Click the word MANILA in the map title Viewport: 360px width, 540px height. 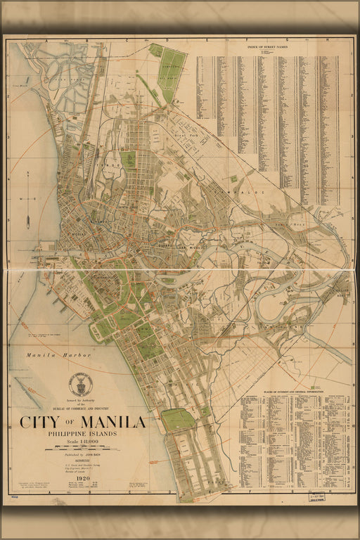tap(113, 423)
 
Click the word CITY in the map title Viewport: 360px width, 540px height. tap(39, 423)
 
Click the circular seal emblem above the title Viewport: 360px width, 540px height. tap(80, 384)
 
